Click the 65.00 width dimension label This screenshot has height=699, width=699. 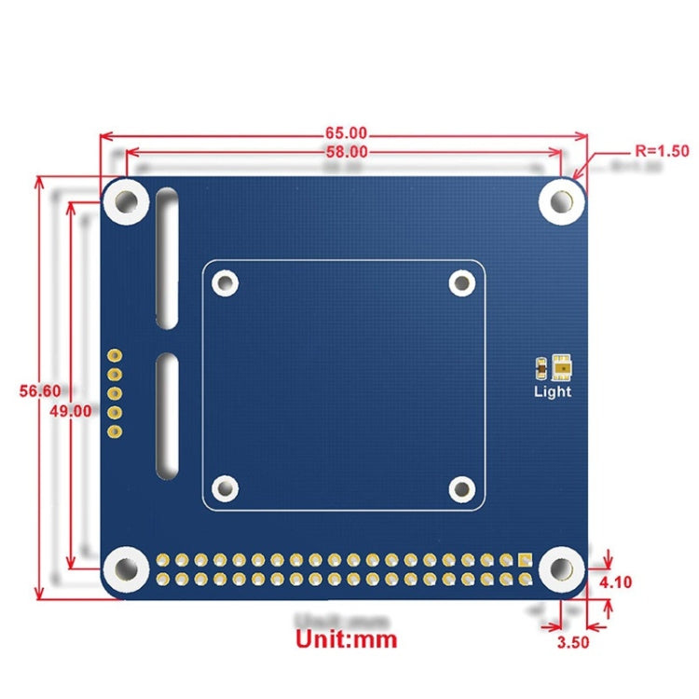[346, 133]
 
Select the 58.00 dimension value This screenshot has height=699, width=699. [346, 152]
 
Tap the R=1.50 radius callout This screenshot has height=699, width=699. [661, 150]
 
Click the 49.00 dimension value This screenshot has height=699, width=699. [71, 410]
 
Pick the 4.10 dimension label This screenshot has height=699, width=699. [616, 582]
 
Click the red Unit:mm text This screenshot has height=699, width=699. [346, 639]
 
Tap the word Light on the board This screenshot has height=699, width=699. [552, 391]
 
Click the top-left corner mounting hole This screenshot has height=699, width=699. [125, 200]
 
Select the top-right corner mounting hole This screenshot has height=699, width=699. [562, 200]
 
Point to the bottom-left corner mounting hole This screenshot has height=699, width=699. [125, 568]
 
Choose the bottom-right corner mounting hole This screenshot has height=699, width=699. [562, 568]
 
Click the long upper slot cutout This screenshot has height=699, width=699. [167, 258]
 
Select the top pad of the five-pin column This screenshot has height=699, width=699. [115, 355]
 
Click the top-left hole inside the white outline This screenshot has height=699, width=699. [225, 282]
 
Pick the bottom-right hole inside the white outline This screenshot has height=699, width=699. [462, 487]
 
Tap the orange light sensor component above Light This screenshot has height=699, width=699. [562, 367]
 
